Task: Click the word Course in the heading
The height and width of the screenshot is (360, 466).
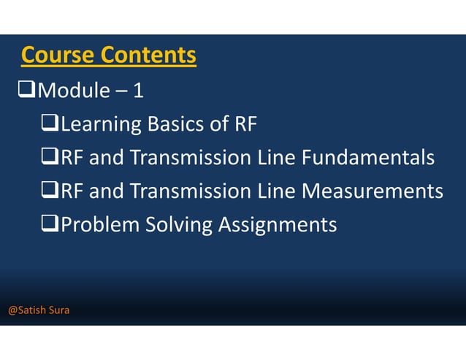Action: (58, 55)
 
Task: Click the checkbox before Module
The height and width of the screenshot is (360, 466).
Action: (26, 91)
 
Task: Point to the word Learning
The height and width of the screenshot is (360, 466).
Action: (101, 125)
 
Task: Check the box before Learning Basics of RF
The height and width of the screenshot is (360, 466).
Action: (50, 125)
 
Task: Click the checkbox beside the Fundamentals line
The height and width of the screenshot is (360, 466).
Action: (50, 158)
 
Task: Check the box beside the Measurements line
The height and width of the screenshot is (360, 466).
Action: (50, 191)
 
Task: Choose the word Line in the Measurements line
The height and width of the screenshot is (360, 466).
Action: (278, 191)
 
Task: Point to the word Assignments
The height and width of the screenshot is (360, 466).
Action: (278, 224)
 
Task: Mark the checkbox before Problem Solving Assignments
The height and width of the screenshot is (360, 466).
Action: (50, 224)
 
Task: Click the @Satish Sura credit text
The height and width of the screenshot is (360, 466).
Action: (39, 310)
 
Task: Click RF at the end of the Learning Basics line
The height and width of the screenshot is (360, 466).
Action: (246, 125)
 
